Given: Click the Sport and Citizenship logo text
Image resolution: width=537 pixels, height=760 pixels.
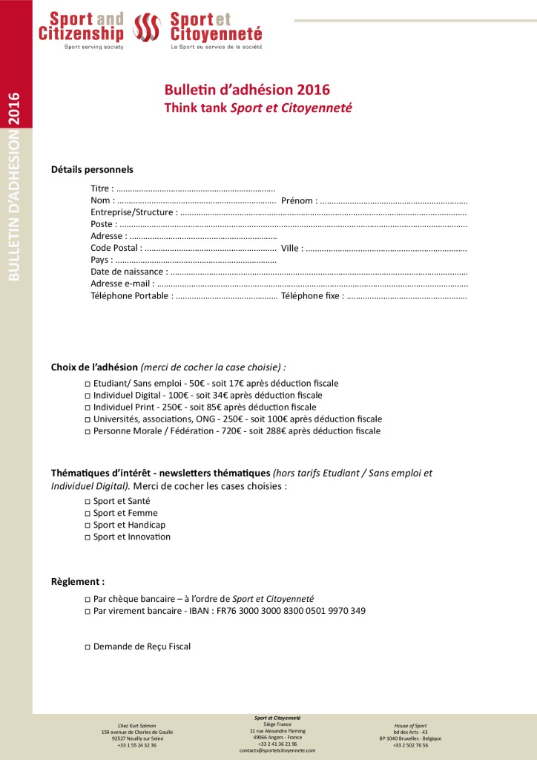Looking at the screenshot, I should (x=82, y=27).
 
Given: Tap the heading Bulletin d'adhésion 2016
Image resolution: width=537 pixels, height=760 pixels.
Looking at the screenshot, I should (x=247, y=90).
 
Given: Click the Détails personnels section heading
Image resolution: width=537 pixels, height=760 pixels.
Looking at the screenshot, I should (x=92, y=169).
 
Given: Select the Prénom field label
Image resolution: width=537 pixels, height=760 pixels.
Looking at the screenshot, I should (x=299, y=200).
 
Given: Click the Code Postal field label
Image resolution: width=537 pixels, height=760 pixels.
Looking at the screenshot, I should (x=114, y=248).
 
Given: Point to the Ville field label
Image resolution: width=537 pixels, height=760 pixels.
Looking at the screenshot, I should (x=291, y=248).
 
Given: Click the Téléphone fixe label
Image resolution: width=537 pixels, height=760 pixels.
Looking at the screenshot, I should (x=312, y=295).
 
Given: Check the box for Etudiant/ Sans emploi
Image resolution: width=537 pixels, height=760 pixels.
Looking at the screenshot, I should (x=88, y=384).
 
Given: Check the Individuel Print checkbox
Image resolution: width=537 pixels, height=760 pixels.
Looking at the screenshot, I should (x=88, y=407).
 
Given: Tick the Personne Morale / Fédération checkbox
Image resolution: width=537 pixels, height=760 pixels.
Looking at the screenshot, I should (x=88, y=431).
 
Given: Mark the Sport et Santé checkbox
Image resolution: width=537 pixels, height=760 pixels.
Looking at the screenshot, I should (x=88, y=502).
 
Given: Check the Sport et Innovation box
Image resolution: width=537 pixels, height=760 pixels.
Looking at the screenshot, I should (x=88, y=537).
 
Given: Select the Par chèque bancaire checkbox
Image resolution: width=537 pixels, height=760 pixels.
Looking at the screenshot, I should (x=88, y=600).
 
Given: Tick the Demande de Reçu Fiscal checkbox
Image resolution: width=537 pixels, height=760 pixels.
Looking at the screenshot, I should (x=88, y=647).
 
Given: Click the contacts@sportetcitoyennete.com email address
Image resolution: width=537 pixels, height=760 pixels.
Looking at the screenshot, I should (x=277, y=750).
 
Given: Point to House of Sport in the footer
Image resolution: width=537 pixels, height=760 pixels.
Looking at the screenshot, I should (x=410, y=725).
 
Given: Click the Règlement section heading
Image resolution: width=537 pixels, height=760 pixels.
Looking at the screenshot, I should (x=77, y=582).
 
